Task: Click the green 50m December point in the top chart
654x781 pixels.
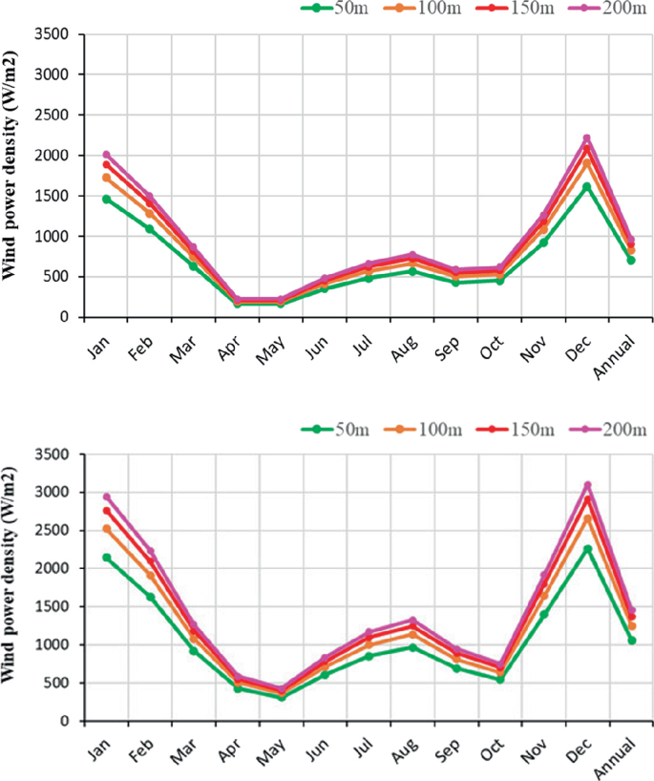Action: (x=587, y=187)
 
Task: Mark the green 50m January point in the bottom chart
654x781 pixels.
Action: (x=107, y=558)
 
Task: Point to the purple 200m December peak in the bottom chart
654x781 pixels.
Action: (x=588, y=485)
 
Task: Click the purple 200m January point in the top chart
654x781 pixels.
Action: (x=107, y=155)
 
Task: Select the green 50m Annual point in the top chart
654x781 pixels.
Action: (x=630, y=260)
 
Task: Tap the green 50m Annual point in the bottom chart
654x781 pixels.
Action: (x=630, y=641)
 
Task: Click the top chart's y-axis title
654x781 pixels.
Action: (x=12, y=174)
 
